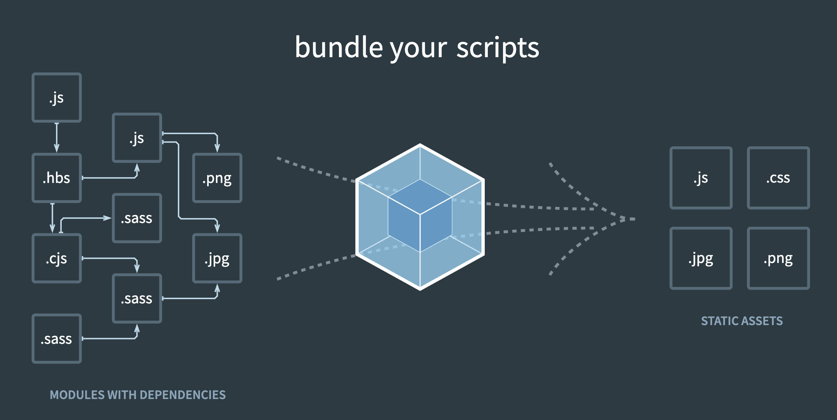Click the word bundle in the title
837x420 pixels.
click(x=339, y=48)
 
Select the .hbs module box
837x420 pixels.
click(x=57, y=178)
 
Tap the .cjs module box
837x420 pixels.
click(x=57, y=258)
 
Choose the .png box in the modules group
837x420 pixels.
click(x=217, y=178)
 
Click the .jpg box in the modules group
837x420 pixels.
click(x=217, y=258)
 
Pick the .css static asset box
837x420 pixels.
click(x=778, y=178)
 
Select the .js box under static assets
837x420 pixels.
click(x=701, y=178)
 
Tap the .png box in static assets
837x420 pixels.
click(x=778, y=258)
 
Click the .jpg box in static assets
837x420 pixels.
click(x=701, y=258)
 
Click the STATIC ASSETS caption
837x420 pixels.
click(x=741, y=321)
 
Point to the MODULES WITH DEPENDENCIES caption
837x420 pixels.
click(x=137, y=395)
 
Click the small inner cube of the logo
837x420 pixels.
click(x=420, y=215)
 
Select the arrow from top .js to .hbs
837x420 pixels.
click(x=57, y=138)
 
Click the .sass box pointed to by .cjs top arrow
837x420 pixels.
click(x=137, y=218)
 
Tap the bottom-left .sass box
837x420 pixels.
click(x=57, y=339)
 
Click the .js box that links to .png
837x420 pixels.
click(x=137, y=138)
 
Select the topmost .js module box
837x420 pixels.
click(x=57, y=98)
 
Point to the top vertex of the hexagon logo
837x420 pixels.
click(x=420, y=145)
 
